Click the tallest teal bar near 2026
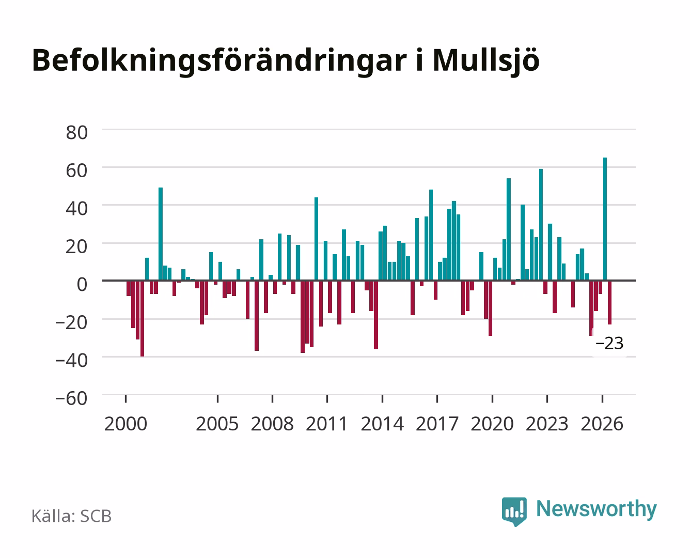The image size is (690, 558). [605, 219]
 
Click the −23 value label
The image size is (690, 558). [609, 343]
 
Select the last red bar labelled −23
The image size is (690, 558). [609, 302]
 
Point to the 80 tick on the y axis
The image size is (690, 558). [77, 133]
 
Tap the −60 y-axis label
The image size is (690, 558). [71, 398]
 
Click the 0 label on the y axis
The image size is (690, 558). [82, 285]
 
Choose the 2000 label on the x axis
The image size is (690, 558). [126, 424]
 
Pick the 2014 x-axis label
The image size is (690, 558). [382, 424]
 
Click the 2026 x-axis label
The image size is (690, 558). [602, 424]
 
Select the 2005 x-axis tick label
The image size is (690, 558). [217, 424]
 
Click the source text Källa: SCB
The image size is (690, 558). [72, 516]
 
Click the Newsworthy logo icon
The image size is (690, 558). [514, 512]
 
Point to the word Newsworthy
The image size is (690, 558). [597, 509]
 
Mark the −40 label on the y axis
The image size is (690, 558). [71, 360]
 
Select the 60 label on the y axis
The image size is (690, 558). [77, 171]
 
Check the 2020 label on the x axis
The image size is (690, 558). [492, 424]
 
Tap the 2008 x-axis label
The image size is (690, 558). [272, 424]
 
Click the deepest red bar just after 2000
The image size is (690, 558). [142, 319]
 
